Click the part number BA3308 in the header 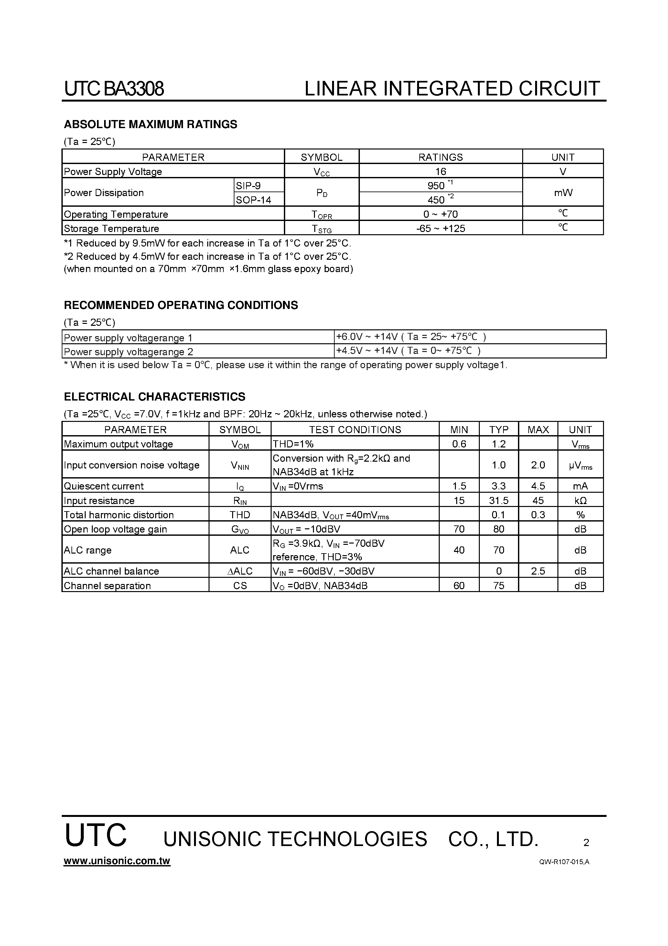click(134, 89)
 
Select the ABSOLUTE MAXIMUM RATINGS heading click(150, 125)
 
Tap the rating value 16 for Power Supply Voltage click(440, 171)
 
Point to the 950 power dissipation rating click(437, 185)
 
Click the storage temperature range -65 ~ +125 click(440, 228)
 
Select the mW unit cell click(563, 192)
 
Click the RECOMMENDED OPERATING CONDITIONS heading click(181, 305)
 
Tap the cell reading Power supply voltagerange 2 click(128, 351)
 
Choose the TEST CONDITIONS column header click(355, 429)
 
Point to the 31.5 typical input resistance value click(498, 500)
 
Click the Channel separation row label click(107, 586)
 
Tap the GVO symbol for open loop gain click(240, 529)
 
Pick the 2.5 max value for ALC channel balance click(538, 571)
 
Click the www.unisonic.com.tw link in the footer click(117, 861)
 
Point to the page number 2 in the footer click(586, 842)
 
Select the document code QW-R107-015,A click(564, 862)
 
